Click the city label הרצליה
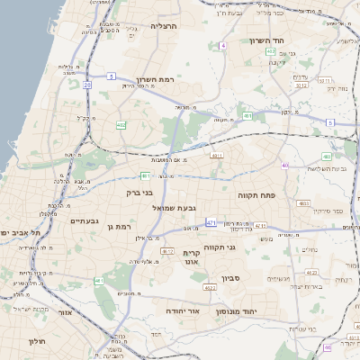click(165, 26)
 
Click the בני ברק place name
click(138, 192)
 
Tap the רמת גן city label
click(121, 227)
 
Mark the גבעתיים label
click(84, 220)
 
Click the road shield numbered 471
click(211, 222)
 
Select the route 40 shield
click(284, 166)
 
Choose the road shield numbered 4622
click(210, 288)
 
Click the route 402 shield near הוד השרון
click(271, 52)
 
